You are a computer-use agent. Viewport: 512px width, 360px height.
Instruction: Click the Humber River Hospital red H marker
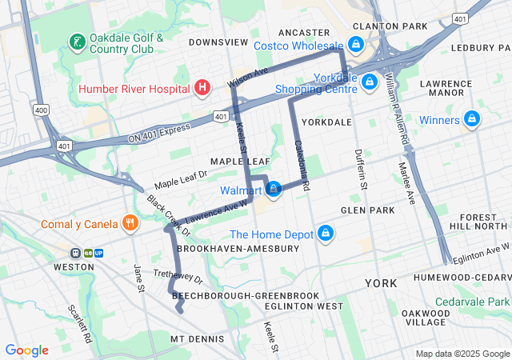click(x=203, y=86)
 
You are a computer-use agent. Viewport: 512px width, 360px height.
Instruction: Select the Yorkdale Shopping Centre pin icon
click(x=369, y=82)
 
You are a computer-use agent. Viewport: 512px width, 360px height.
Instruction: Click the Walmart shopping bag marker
click(x=274, y=190)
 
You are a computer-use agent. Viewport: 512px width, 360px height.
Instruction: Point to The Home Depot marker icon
click(x=325, y=234)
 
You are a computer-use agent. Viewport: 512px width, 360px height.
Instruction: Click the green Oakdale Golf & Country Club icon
click(x=77, y=42)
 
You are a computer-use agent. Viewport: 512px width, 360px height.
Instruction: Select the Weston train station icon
click(x=74, y=253)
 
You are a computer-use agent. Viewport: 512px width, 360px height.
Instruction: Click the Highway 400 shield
click(x=41, y=109)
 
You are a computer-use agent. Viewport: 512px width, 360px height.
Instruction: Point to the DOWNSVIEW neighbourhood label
click(x=214, y=42)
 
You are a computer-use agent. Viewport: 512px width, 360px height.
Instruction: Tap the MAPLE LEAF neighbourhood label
click(x=240, y=162)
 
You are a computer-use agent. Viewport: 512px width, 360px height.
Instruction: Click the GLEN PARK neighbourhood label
click(x=367, y=210)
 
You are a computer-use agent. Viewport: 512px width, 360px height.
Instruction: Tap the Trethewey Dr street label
click(x=178, y=277)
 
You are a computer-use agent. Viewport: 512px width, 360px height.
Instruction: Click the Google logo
click(x=26, y=350)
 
